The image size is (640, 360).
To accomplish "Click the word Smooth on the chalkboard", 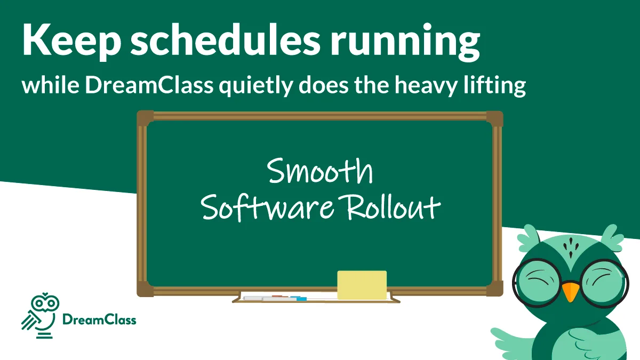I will (320, 172).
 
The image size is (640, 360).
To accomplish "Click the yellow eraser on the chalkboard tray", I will (362, 285).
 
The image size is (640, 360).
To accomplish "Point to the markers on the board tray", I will (275, 298).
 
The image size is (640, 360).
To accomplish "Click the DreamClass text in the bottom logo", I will (99, 320).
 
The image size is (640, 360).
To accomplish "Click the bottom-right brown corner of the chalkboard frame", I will (494, 289).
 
